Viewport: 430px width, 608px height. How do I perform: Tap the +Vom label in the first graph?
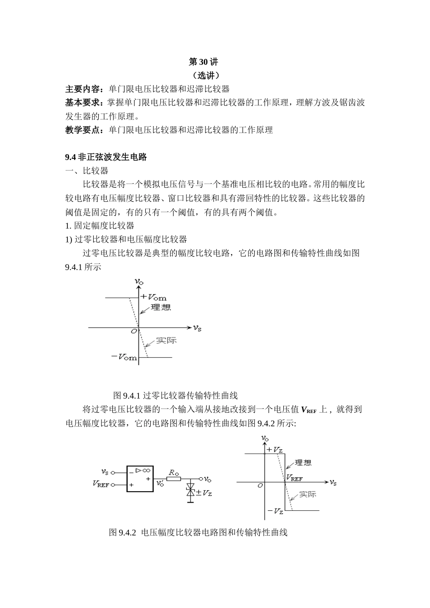154,297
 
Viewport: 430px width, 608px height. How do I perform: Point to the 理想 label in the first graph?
161,308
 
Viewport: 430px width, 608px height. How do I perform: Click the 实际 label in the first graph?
166,340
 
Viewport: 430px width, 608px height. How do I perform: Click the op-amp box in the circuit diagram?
140,480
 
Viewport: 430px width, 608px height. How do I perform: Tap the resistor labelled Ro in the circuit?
174,479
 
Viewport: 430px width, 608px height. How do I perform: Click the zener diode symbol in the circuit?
191,492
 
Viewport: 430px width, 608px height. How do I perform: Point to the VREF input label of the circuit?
101,484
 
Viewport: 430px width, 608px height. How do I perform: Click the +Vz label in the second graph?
275,450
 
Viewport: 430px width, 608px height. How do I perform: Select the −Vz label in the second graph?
275,511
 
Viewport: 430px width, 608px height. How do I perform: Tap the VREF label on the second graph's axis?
294,478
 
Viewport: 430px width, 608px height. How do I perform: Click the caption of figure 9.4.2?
198,532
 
